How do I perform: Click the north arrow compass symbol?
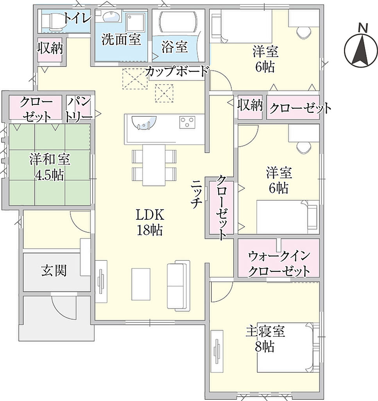click(361, 47)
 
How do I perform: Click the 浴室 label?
click(175, 47)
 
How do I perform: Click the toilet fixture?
click(52, 21)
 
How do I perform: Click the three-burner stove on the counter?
click(187, 122)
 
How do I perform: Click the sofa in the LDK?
click(178, 285)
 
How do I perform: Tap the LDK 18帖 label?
click(150, 222)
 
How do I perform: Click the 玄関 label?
click(54, 270)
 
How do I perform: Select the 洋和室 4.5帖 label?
click(50, 167)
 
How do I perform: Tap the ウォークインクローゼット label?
click(279, 264)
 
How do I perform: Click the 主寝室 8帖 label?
click(265, 339)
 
